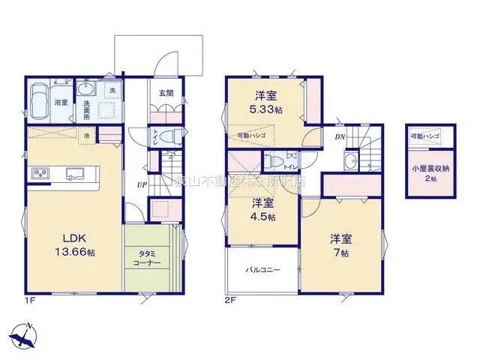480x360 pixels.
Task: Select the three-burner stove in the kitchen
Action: click(39, 175)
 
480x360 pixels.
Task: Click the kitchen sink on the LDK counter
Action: click(75, 175)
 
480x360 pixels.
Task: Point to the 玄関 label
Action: click(166, 94)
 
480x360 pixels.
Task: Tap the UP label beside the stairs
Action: click(140, 184)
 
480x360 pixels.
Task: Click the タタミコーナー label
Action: click(150, 259)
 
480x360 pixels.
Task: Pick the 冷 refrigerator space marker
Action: click(87, 136)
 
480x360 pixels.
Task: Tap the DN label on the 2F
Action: click(339, 137)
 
